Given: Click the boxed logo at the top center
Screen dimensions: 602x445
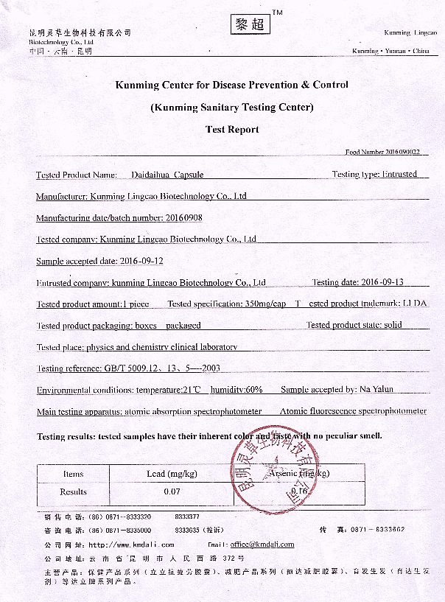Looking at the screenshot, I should point(245,24).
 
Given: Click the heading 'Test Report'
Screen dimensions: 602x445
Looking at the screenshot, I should point(232,130).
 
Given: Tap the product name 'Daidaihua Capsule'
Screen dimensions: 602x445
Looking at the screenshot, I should point(167,175).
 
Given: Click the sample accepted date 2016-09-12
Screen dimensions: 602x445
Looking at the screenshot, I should point(141,261).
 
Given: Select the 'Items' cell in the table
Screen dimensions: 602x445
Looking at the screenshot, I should point(74,474).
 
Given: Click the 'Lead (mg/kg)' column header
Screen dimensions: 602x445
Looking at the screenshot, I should point(166,474).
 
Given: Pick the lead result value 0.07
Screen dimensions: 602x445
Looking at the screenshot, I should point(172,491).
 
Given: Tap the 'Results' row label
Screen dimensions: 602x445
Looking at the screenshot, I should point(74,491).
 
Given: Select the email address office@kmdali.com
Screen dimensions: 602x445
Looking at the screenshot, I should point(262,545).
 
